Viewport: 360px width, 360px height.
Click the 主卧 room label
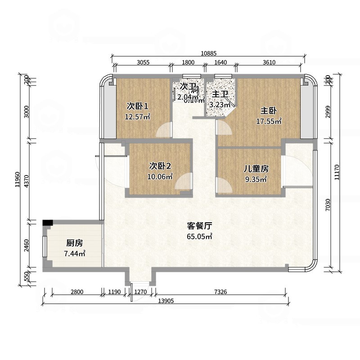coord(269,111)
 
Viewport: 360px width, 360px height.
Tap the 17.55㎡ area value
coord(269,121)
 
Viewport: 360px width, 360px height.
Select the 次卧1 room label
coord(137,107)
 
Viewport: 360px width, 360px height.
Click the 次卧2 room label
coord(160,166)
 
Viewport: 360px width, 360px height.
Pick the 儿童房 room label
coord(256,169)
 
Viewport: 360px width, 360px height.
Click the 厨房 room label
coord(75,243)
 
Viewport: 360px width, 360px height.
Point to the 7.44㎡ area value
coord(75,254)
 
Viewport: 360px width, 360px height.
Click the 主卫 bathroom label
coord(220,94)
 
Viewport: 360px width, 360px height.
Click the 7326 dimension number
coord(220,292)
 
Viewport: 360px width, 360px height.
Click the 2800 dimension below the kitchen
coord(77,292)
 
